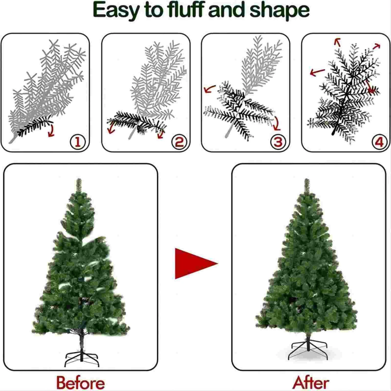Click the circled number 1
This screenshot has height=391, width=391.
[78, 142]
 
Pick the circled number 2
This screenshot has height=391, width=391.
[179, 142]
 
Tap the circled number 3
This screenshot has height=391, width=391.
[278, 142]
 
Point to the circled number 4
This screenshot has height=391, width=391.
[379, 142]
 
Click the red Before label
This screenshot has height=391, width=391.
[81, 383]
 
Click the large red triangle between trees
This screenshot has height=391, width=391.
[193, 264]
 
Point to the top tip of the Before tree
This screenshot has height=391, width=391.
[79, 179]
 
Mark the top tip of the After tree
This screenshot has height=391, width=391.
[307, 179]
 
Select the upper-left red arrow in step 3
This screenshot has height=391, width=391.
[209, 89]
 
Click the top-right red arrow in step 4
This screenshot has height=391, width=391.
[376, 46]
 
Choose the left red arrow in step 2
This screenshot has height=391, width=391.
[112, 127]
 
